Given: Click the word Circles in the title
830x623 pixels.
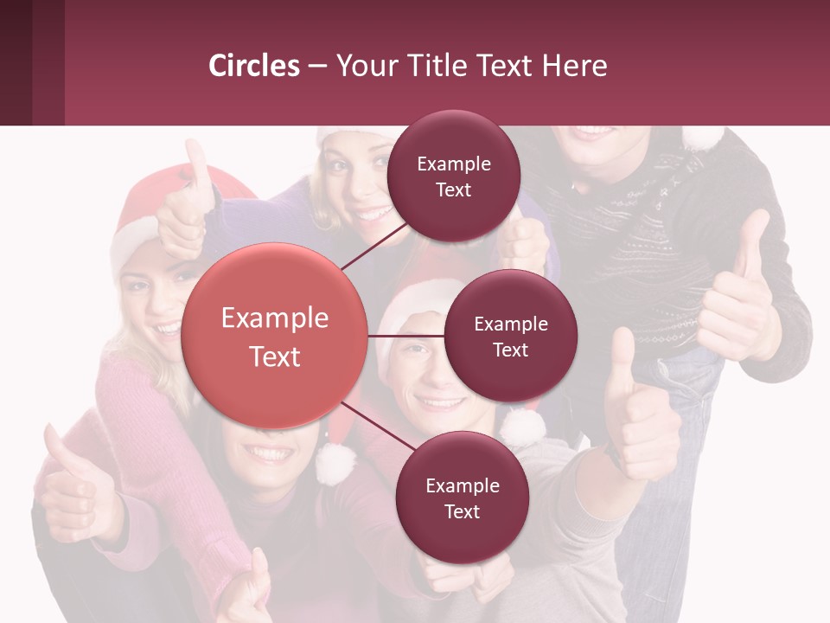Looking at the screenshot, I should tap(254, 66).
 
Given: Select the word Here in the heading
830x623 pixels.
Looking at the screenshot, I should tap(574, 66).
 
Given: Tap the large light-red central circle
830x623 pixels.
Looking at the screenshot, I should tap(275, 336).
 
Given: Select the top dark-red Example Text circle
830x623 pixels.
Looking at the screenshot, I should tap(454, 177).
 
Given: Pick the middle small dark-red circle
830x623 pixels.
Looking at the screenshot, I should tap(511, 336).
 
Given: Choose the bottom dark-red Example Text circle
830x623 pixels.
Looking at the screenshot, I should tap(462, 498).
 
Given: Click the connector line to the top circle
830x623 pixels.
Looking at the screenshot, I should tap(376, 247).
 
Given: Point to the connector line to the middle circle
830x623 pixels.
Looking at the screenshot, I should tap(406, 336).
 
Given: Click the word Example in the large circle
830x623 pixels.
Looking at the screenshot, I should tap(275, 318).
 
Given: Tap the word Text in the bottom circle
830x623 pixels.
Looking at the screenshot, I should tap(462, 511).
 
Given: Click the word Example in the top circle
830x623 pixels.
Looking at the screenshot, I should tap(454, 164).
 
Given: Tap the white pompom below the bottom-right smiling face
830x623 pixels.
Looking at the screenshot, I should tap(522, 427).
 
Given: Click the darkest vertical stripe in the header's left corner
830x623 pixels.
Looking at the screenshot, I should tap(16, 62).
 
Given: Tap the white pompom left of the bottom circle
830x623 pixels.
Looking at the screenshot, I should tap(335, 463).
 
